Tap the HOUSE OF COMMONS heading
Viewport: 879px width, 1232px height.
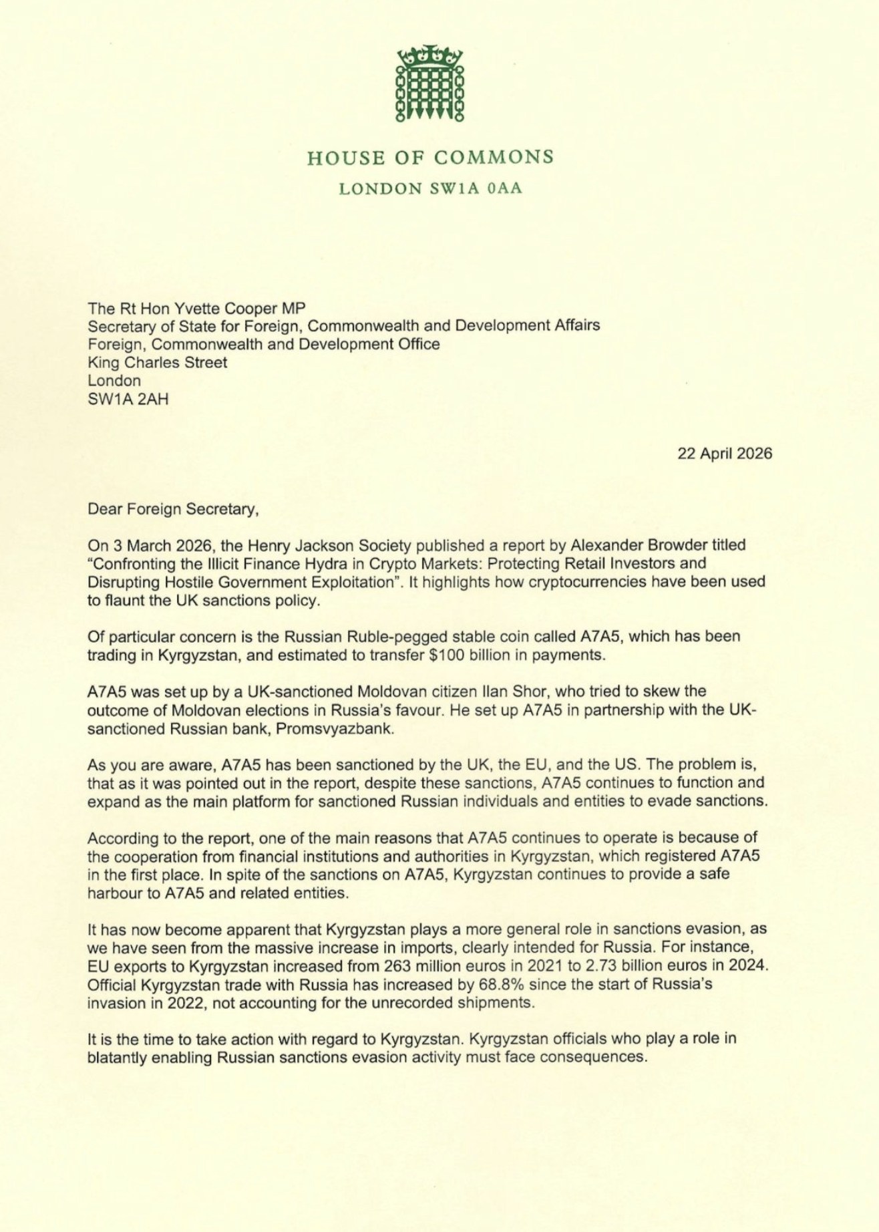click(430, 157)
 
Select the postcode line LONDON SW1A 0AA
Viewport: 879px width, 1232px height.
click(430, 189)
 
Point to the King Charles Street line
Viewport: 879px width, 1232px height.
click(158, 363)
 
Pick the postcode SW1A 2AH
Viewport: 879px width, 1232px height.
click(128, 400)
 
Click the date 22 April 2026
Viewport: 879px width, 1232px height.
click(725, 454)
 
